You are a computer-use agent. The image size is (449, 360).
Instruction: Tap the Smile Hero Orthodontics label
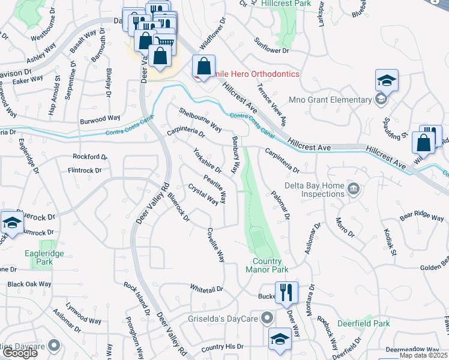pos(252,74)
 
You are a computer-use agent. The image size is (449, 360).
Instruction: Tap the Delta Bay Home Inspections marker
pos(354,190)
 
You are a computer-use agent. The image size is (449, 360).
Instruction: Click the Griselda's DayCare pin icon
pos(269,319)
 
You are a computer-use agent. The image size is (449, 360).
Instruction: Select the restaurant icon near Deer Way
pos(286,293)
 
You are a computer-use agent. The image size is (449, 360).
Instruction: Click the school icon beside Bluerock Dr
pos(11,223)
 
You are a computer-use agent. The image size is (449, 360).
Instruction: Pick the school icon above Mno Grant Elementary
pos(387,80)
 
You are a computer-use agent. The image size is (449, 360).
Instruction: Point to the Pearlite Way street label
pos(215,188)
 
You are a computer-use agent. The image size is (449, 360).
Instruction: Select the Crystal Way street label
pos(203,195)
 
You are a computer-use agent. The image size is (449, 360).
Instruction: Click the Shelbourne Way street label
pos(200,119)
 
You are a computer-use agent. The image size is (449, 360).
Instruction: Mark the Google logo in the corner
pos(20,353)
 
